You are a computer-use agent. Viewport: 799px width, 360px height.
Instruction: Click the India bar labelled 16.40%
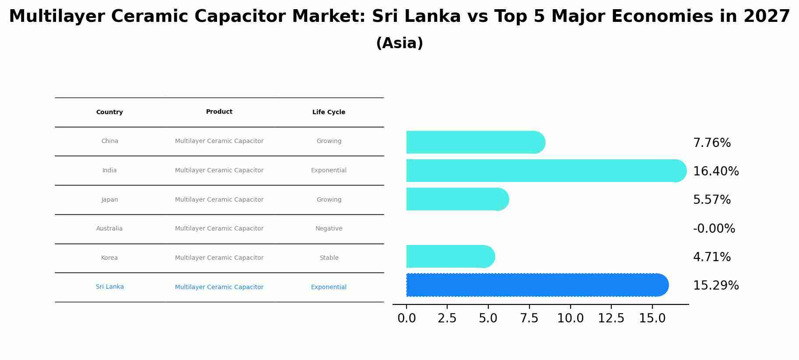tap(543, 171)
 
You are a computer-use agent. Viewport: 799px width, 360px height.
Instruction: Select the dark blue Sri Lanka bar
tap(534, 285)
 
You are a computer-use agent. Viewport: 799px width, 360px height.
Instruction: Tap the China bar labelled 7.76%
tap(473, 142)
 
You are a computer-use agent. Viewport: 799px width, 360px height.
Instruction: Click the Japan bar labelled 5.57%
tap(455, 199)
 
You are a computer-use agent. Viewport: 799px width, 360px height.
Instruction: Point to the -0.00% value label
tap(714, 228)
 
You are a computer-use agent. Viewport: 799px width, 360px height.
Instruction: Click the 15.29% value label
tap(715, 286)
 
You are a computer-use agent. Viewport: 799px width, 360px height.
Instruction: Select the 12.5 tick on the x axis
tap(611, 318)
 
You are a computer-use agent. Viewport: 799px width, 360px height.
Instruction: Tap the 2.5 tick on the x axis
tap(447, 318)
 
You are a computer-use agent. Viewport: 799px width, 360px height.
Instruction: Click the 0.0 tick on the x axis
tap(407, 318)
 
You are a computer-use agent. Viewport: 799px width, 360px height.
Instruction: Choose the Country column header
tap(109, 112)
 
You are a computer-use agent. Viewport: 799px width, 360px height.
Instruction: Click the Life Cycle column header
tap(329, 112)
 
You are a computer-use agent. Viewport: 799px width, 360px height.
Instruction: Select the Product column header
tap(219, 112)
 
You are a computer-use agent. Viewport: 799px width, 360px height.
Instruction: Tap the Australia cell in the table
tap(109, 228)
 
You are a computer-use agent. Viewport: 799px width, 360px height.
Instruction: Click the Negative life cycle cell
tap(329, 228)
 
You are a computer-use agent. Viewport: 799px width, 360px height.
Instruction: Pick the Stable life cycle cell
tap(329, 258)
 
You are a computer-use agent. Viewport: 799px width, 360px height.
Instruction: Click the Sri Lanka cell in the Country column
tap(109, 287)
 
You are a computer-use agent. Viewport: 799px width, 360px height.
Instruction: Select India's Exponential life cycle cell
tap(329, 170)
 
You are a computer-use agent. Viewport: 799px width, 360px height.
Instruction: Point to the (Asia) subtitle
tap(399, 43)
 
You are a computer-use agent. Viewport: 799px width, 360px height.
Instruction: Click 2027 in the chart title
tap(767, 17)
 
